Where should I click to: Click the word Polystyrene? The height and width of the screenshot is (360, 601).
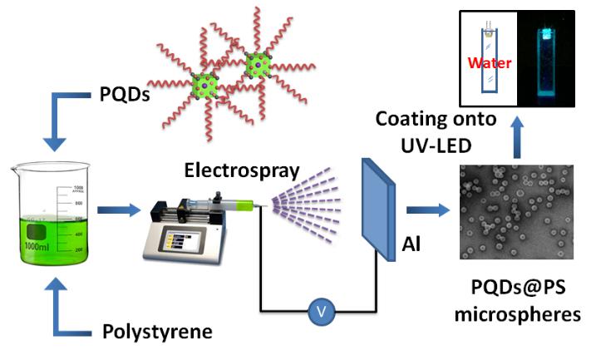pyautogui.click(x=156, y=332)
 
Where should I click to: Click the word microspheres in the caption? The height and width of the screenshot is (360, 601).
pyautogui.click(x=515, y=315)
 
